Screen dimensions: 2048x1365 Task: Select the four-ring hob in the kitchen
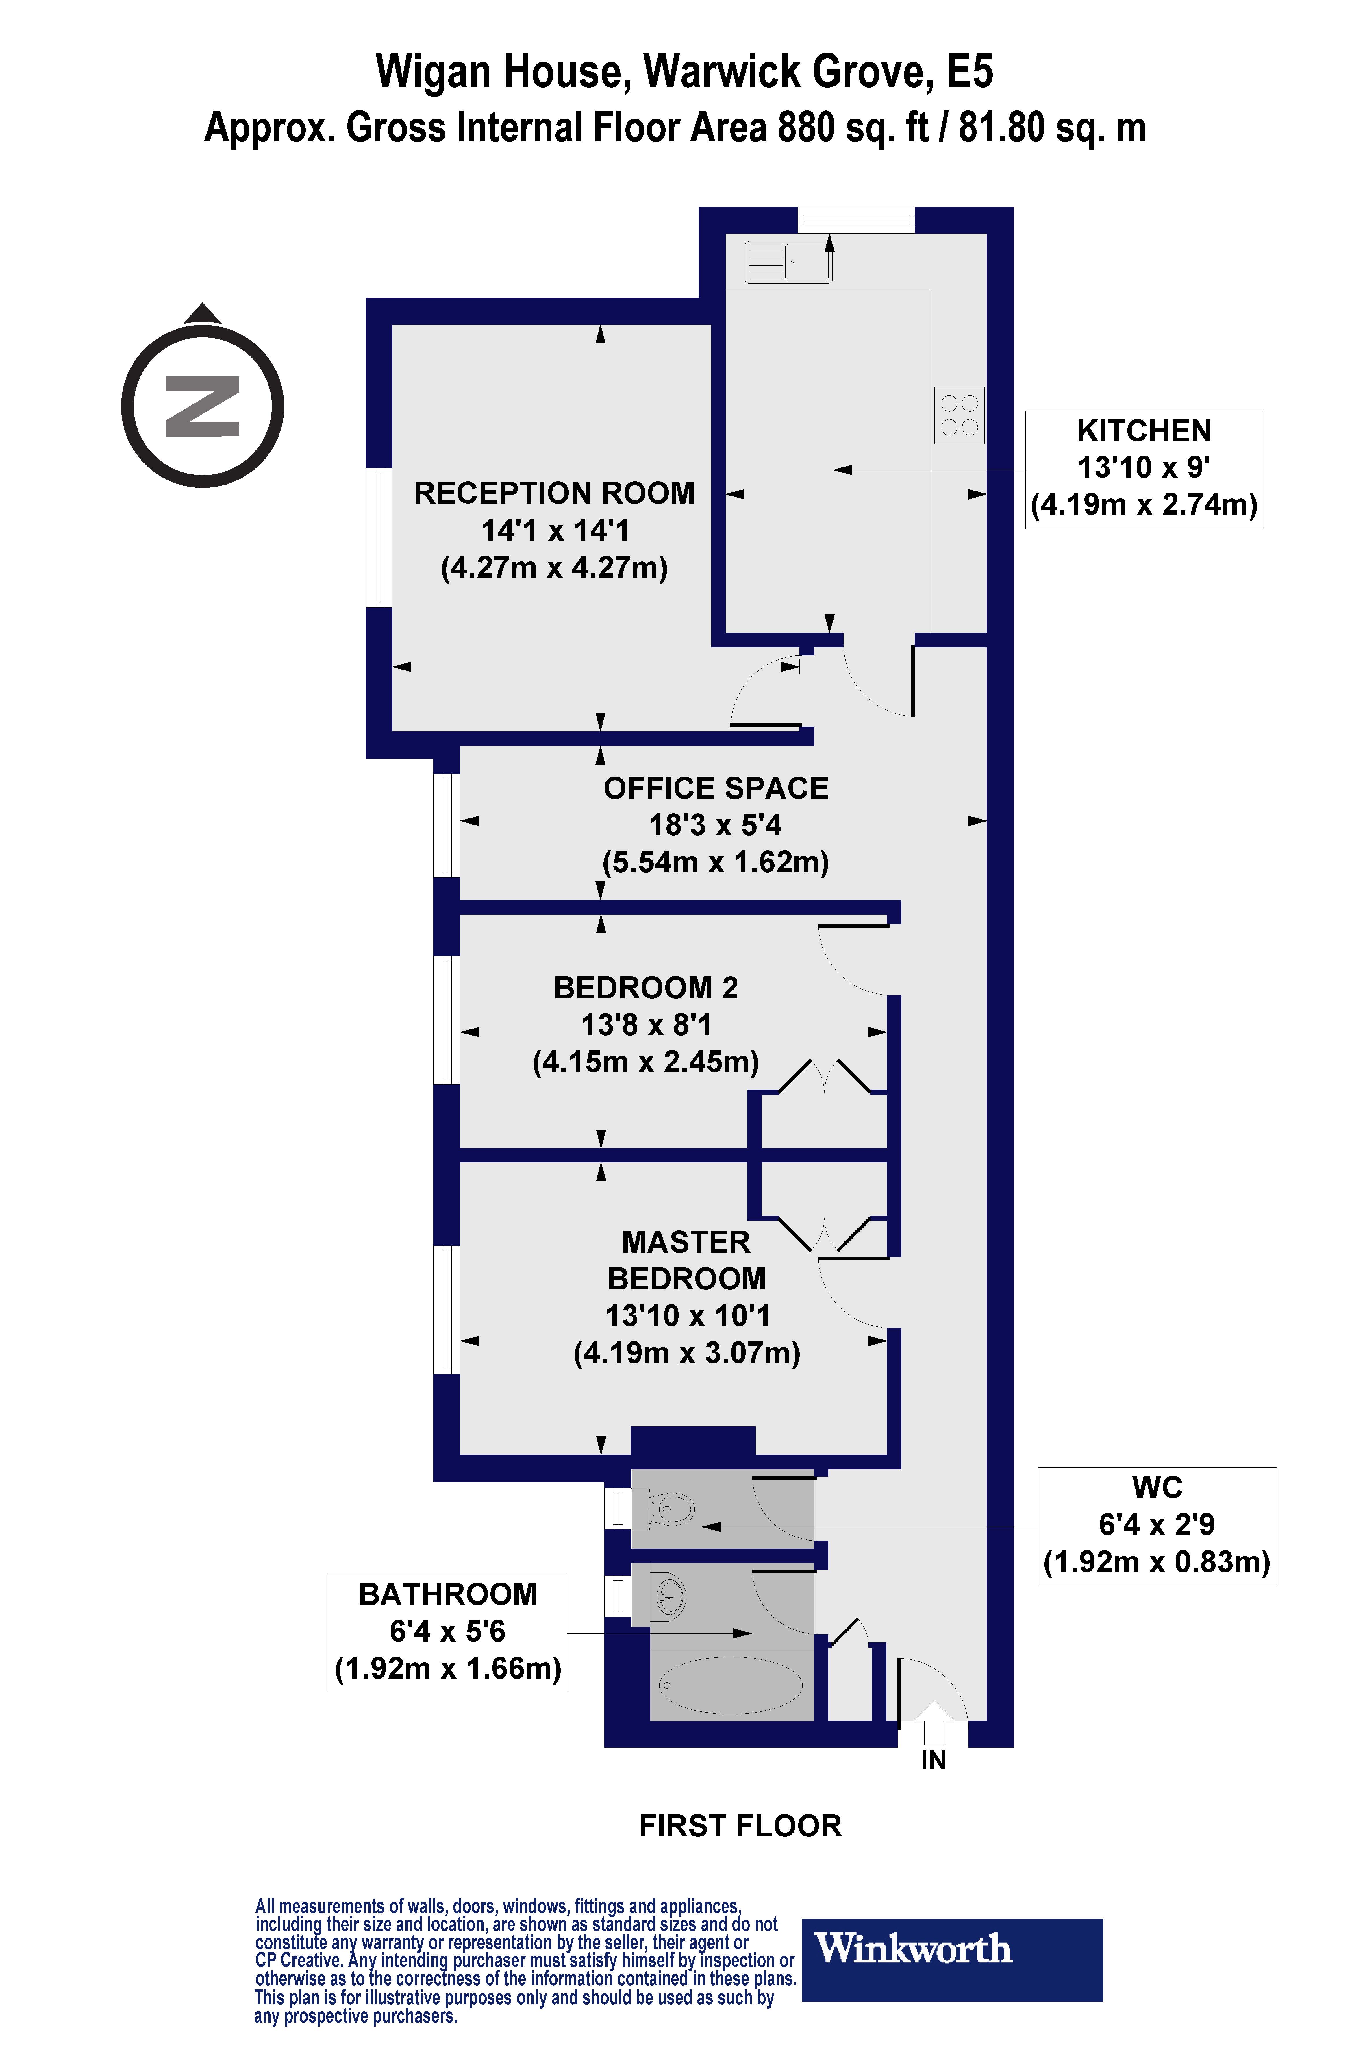pos(959,415)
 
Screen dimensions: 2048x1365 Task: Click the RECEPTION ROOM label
pos(555,493)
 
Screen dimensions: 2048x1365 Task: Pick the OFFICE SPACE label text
pos(716,788)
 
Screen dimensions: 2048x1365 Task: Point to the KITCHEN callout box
pos(1144,469)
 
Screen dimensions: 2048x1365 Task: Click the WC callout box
pos(1157,1526)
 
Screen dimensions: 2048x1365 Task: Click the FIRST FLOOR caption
pos(740,1826)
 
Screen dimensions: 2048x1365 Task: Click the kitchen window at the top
pos(856,219)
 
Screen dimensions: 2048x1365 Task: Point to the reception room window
pos(379,537)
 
